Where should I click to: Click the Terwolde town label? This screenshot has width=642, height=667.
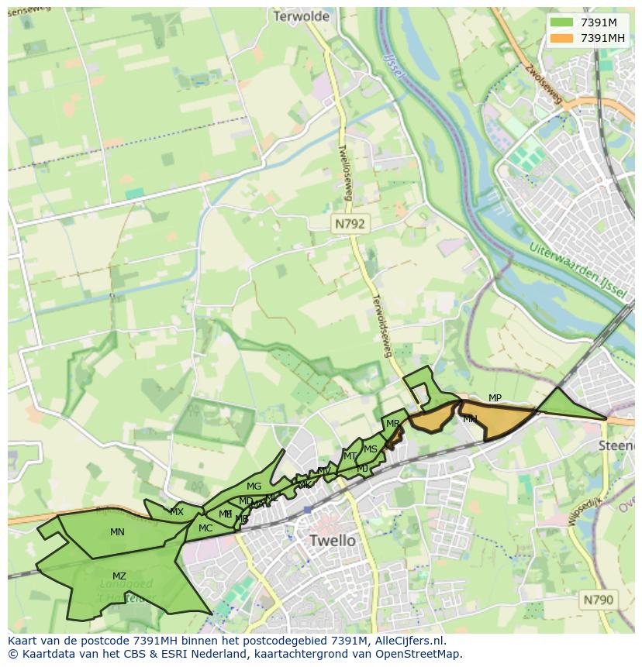(302, 15)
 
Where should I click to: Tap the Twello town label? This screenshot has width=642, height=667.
(332, 540)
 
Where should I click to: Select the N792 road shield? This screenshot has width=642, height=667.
(351, 224)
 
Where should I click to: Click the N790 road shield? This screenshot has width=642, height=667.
(598, 600)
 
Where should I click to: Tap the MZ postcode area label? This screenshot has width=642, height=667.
(119, 576)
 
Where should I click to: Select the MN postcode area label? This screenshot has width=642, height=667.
(117, 532)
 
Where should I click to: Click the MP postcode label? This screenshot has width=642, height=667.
(495, 398)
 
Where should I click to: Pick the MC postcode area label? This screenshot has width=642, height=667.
(205, 528)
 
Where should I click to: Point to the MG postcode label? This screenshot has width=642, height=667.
(254, 486)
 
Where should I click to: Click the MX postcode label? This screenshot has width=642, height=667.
(177, 512)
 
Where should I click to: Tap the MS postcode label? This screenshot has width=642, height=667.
(371, 449)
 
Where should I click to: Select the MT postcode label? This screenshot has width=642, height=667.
(350, 456)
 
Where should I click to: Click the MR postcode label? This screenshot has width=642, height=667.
(393, 424)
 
